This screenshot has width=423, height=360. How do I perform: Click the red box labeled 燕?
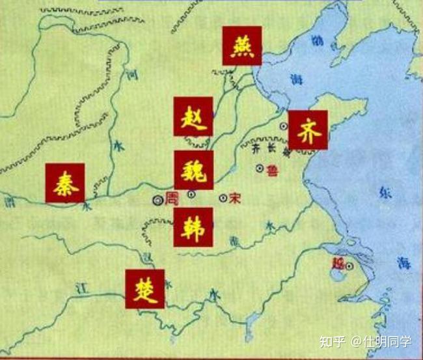241,46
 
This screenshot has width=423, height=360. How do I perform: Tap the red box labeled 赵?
193,117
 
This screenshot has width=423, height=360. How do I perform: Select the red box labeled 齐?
308,130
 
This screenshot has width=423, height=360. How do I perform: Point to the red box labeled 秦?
65,182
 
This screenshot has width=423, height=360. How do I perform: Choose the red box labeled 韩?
193,227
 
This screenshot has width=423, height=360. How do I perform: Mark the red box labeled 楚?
145,288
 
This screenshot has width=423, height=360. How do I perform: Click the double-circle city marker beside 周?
157,201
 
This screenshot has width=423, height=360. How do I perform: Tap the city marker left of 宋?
223,198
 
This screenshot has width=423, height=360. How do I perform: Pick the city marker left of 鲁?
260,169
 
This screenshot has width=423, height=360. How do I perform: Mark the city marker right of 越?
349,266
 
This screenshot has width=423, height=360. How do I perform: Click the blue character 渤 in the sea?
316,40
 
